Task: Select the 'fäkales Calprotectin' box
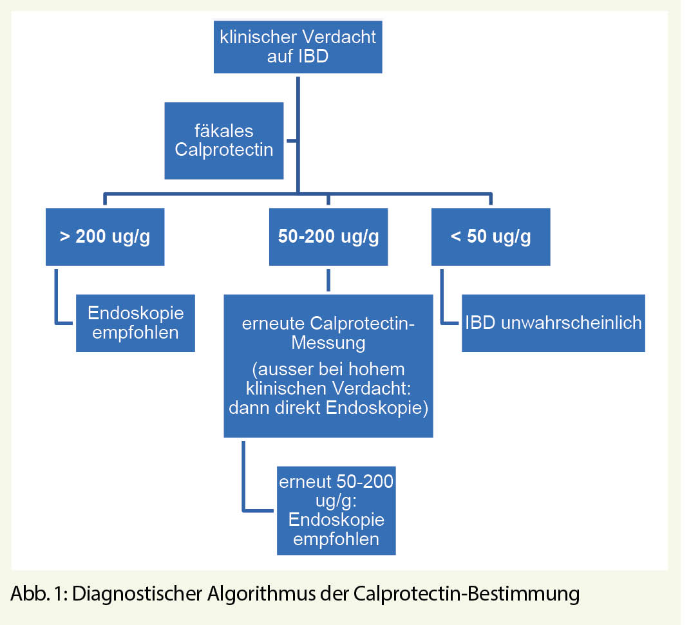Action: (x=223, y=140)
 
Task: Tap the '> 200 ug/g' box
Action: (x=105, y=236)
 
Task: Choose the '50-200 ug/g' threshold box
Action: (x=328, y=236)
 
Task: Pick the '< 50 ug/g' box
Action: (x=491, y=236)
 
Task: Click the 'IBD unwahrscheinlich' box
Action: (x=553, y=322)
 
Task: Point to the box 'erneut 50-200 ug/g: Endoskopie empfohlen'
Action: (x=336, y=510)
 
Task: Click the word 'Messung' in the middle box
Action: (x=328, y=342)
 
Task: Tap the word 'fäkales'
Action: (x=223, y=131)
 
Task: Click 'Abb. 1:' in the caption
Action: (x=38, y=593)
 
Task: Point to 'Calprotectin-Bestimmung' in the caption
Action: (x=467, y=593)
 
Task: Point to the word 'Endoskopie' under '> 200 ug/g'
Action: (x=135, y=313)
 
